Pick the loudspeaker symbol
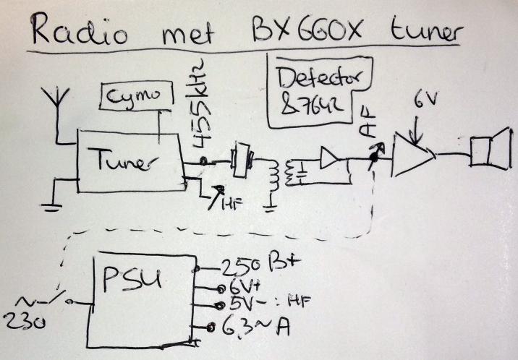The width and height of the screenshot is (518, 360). [485, 154]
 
